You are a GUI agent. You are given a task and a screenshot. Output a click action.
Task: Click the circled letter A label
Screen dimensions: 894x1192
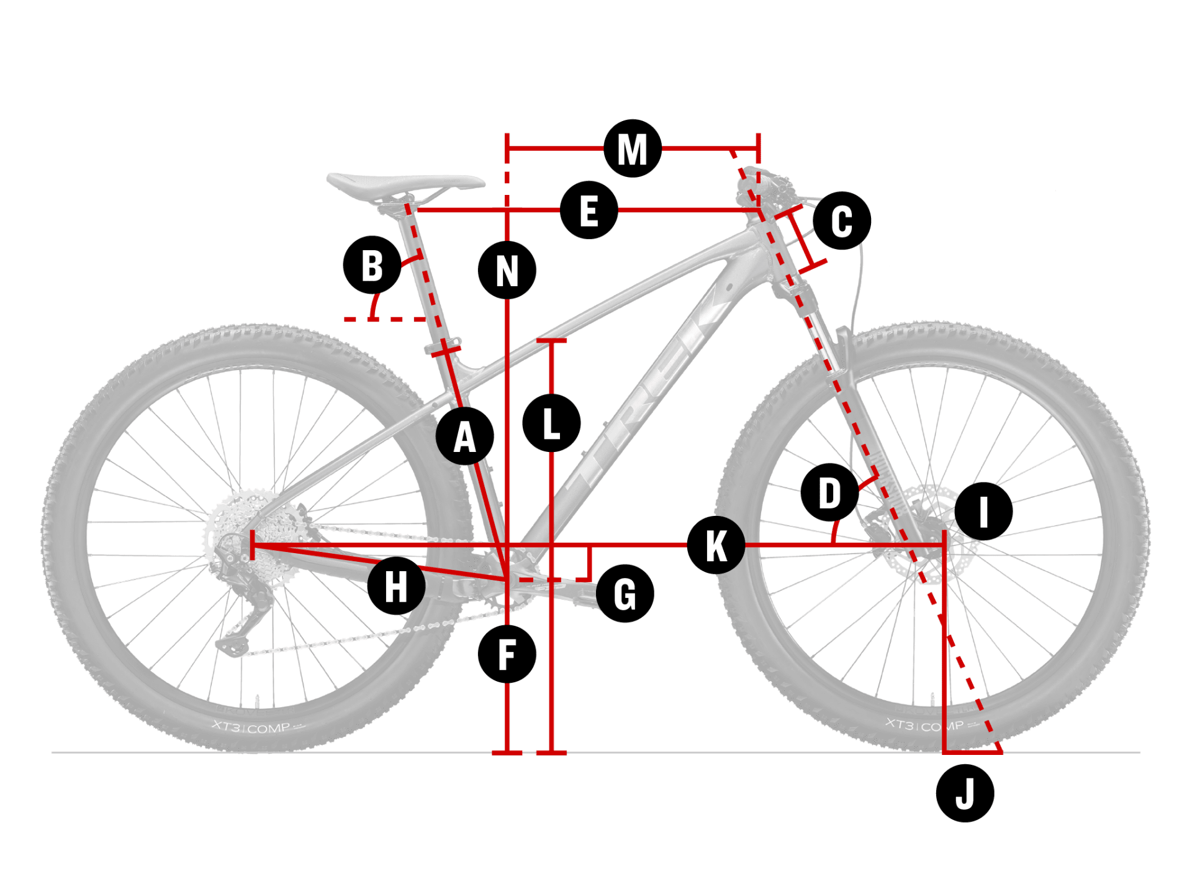(464, 436)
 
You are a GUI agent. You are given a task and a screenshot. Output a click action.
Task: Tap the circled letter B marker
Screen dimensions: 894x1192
(372, 265)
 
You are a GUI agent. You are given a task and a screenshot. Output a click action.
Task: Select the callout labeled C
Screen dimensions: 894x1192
(842, 221)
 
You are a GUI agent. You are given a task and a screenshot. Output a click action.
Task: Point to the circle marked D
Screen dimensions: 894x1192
(829, 493)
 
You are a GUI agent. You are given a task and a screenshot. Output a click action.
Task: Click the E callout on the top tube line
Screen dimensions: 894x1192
(589, 210)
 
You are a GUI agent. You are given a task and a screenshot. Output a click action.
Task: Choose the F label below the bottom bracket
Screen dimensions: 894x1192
(507, 654)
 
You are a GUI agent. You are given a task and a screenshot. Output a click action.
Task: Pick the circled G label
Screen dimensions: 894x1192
(625, 594)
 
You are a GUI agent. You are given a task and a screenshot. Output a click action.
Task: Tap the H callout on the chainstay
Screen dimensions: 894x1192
(396, 585)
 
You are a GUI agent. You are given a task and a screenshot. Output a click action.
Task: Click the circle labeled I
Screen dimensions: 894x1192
(983, 511)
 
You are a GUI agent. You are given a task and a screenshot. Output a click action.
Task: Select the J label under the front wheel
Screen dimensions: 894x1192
(965, 793)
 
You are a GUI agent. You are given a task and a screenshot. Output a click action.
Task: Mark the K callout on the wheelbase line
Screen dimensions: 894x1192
(716, 545)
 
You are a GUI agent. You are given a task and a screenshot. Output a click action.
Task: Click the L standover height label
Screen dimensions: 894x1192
(551, 423)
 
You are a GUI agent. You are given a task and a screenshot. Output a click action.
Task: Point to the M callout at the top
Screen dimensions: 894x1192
(633, 148)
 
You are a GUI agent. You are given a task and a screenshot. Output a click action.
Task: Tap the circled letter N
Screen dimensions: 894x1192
(507, 270)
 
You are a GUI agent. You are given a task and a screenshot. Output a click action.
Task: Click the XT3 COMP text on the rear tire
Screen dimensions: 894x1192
(251, 727)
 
